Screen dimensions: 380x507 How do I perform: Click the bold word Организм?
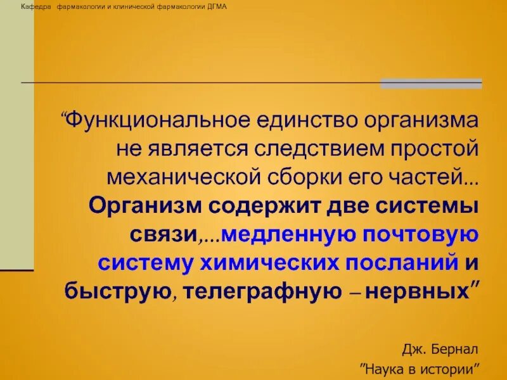(x=145, y=206)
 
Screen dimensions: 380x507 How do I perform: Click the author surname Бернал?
(x=454, y=349)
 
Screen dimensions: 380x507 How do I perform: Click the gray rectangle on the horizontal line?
(x=431, y=84)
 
